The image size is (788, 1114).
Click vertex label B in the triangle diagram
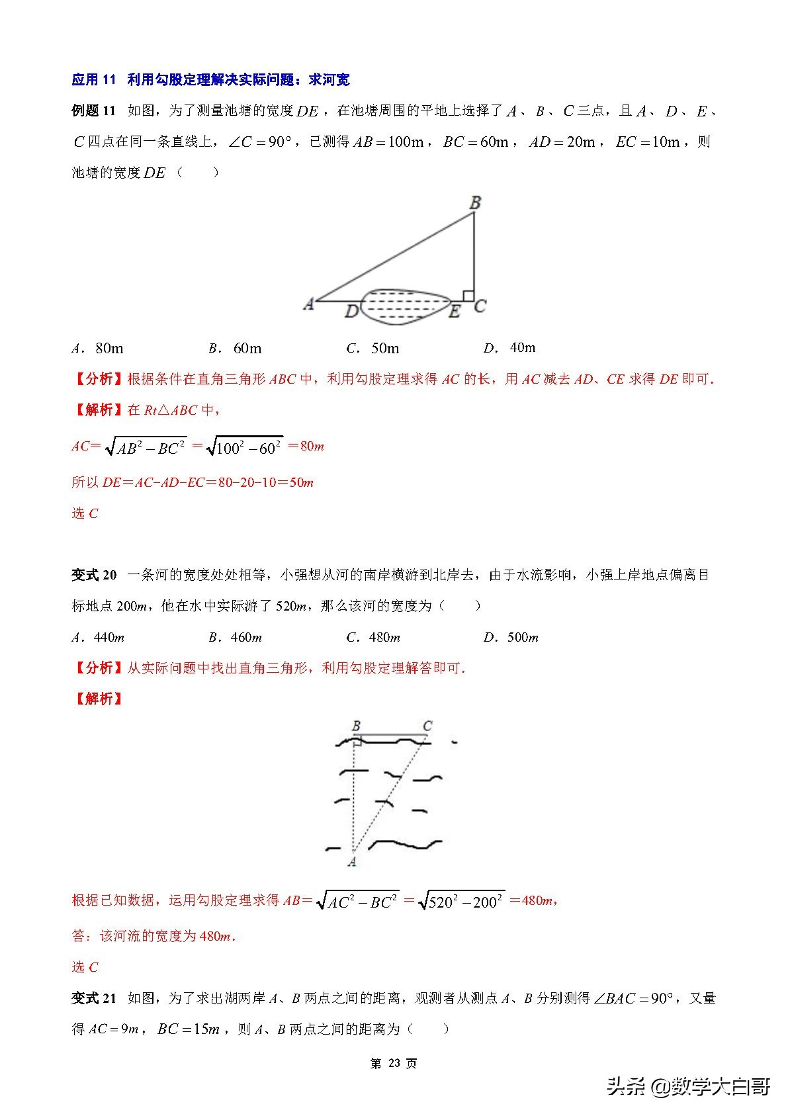(x=474, y=203)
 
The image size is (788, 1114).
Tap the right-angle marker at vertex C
(x=468, y=296)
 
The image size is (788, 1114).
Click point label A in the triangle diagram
(x=308, y=304)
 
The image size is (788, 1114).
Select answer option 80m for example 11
(x=99, y=348)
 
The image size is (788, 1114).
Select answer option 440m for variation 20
(x=99, y=637)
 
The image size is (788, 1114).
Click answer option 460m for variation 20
(x=236, y=637)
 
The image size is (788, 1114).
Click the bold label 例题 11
(x=93, y=110)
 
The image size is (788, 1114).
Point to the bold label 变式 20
(x=94, y=575)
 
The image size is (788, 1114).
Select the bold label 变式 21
(x=94, y=998)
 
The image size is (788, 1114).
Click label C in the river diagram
(x=427, y=726)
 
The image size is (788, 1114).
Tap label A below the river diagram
(x=352, y=861)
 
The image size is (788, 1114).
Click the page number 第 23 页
(x=394, y=1063)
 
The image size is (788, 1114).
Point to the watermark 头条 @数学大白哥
(x=689, y=1086)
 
